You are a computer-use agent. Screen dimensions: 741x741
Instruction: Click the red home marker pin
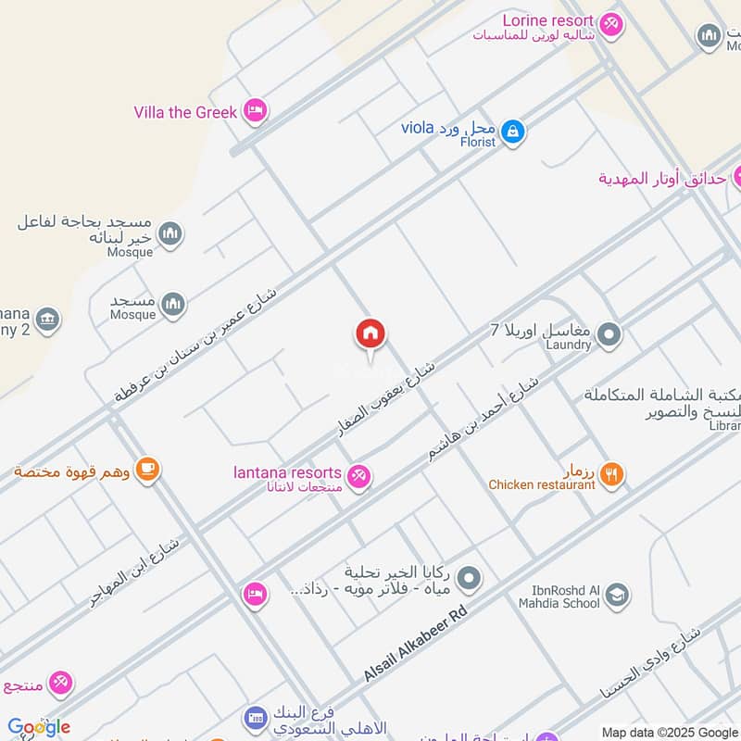(370, 334)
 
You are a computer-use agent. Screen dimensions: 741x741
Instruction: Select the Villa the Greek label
(185, 112)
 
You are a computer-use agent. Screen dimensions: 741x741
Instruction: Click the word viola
(418, 127)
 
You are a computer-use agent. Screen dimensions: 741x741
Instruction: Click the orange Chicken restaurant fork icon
(611, 475)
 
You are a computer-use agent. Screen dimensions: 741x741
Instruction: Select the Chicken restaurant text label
(542, 484)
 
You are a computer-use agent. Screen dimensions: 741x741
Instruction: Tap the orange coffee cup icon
(146, 470)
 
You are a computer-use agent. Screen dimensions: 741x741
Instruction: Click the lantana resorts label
(287, 473)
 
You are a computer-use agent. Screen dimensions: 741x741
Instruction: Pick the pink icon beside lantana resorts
(360, 476)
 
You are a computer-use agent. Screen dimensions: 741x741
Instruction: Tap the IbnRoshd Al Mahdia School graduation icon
(617, 597)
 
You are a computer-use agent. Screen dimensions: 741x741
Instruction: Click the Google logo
(38, 727)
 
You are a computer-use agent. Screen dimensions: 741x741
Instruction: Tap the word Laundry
(568, 345)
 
